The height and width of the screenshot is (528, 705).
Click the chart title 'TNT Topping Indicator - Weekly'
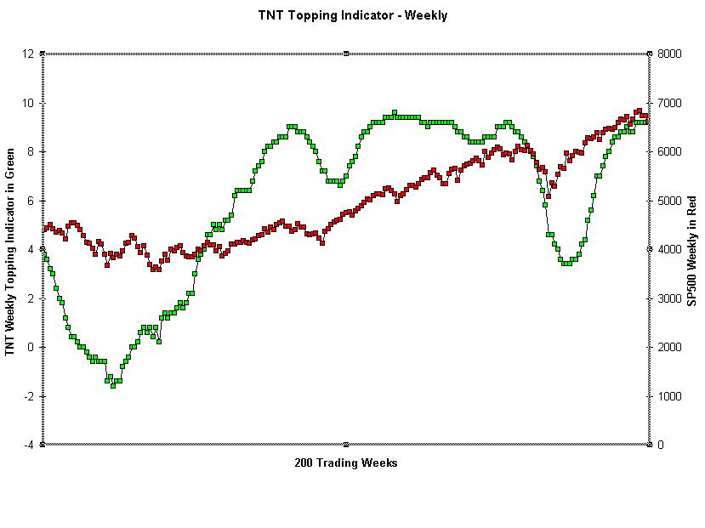tap(352, 15)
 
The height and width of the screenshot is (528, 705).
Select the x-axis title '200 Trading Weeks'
tap(346, 463)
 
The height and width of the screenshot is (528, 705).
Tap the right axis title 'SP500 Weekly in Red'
tap(692, 251)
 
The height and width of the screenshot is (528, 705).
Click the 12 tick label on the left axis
tap(28, 54)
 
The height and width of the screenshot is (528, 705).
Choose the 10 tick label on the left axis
tap(28, 103)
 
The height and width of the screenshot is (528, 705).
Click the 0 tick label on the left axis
tap(31, 347)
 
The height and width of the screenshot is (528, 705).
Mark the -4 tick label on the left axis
tap(29, 445)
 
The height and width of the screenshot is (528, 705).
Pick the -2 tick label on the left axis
tap(29, 396)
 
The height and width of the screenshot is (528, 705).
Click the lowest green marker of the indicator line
tap(113, 386)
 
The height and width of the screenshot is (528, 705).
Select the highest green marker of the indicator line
tap(394, 112)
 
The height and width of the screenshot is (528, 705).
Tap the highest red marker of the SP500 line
tap(639, 111)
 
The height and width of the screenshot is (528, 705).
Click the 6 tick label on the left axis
tap(31, 201)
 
